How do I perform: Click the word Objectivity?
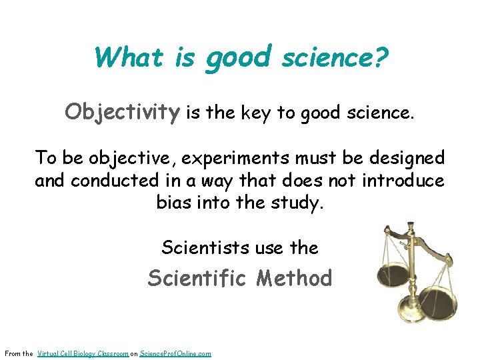(123, 112)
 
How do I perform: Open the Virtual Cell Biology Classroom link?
(83, 353)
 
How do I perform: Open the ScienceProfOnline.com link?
(175, 353)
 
